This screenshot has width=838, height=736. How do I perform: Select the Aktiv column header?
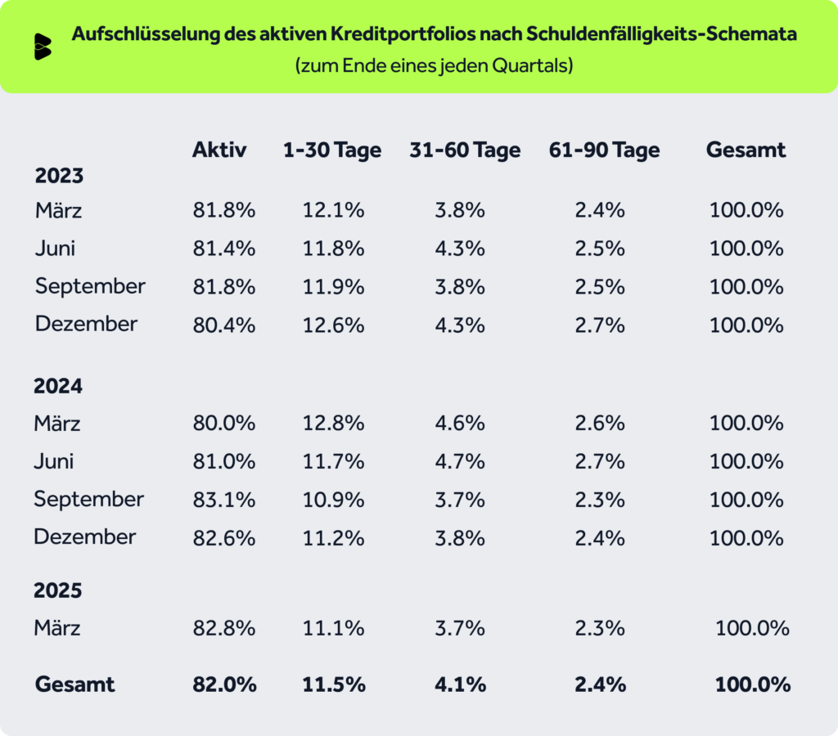pyautogui.click(x=219, y=150)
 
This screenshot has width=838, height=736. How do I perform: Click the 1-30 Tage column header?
pyautogui.click(x=332, y=150)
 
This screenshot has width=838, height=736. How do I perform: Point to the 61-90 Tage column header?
pyautogui.click(x=604, y=150)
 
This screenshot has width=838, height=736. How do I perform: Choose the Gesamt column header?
pyautogui.click(x=746, y=150)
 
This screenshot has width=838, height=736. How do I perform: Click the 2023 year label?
pyautogui.click(x=60, y=176)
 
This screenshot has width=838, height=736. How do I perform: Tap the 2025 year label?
pyautogui.click(x=58, y=590)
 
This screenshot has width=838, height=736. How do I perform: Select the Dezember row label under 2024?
pyautogui.click(x=85, y=537)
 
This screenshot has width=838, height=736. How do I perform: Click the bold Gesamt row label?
pyautogui.click(x=75, y=684)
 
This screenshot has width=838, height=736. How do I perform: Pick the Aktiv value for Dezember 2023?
pyautogui.click(x=224, y=325)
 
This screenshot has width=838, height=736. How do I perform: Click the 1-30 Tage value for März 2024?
pyautogui.click(x=334, y=424)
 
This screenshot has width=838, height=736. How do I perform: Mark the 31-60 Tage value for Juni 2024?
pyautogui.click(x=461, y=461)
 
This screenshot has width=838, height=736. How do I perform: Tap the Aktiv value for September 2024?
pyautogui.click(x=224, y=499)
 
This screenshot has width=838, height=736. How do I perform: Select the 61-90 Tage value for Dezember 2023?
pyautogui.click(x=600, y=325)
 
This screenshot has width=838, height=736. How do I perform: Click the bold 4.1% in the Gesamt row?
pyautogui.click(x=461, y=684)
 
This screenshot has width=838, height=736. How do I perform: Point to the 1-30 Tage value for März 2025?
pyautogui.click(x=334, y=628)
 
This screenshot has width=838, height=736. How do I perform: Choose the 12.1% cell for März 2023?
pyautogui.click(x=334, y=211)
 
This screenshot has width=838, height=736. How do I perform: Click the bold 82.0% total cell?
pyautogui.click(x=224, y=684)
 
